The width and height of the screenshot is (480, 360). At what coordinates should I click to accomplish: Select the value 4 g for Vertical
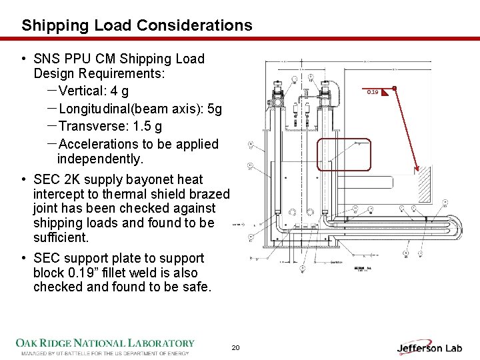coord(120,91)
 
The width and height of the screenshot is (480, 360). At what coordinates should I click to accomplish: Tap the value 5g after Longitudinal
coord(214,109)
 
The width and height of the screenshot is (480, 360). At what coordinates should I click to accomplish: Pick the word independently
coord(100,159)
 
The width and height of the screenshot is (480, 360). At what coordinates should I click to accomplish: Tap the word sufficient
coord(61,237)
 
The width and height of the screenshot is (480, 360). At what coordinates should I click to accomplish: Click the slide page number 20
coord(235,348)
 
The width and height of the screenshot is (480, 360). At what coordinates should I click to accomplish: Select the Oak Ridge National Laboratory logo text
coord(105,343)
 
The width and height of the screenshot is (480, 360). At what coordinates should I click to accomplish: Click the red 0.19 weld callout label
coord(373,91)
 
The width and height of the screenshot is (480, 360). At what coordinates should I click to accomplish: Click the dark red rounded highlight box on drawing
coord(341,155)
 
